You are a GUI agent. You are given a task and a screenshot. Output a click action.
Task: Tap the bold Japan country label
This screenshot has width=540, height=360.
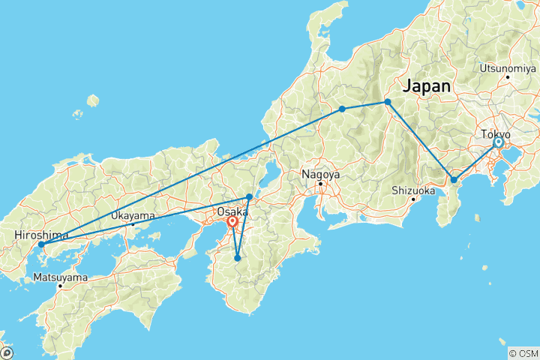click(x=427, y=86)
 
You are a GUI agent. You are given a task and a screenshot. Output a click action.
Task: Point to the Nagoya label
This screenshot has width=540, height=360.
click(x=319, y=174)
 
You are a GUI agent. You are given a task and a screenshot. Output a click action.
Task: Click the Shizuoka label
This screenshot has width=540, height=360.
click(x=413, y=190)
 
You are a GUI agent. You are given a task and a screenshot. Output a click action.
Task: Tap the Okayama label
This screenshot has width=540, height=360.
click(x=133, y=215)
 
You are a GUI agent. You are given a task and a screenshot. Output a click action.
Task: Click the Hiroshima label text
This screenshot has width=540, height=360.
click(x=41, y=235)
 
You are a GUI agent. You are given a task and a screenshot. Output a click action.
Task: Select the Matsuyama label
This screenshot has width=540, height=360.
click(x=61, y=277)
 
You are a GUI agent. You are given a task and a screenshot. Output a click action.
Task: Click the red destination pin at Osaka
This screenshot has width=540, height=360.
click(x=233, y=221)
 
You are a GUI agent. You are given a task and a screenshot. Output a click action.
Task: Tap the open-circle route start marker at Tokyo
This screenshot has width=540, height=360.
click(x=497, y=142)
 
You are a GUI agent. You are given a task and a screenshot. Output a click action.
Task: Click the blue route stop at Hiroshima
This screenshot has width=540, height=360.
click(x=41, y=244)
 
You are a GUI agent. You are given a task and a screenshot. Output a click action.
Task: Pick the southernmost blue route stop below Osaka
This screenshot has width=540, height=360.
click(x=238, y=258)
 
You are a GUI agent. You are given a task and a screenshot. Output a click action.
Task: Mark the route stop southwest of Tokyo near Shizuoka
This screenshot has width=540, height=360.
click(x=454, y=180)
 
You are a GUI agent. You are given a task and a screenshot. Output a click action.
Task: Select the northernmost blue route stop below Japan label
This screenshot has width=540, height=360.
click(x=388, y=102)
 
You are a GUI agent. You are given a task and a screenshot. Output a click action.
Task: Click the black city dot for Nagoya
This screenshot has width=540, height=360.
click(x=320, y=183)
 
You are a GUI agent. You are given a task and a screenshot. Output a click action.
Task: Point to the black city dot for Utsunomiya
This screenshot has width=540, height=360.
click(x=508, y=76)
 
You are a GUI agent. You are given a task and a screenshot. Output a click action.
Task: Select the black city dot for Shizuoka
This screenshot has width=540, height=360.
click(x=413, y=199)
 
